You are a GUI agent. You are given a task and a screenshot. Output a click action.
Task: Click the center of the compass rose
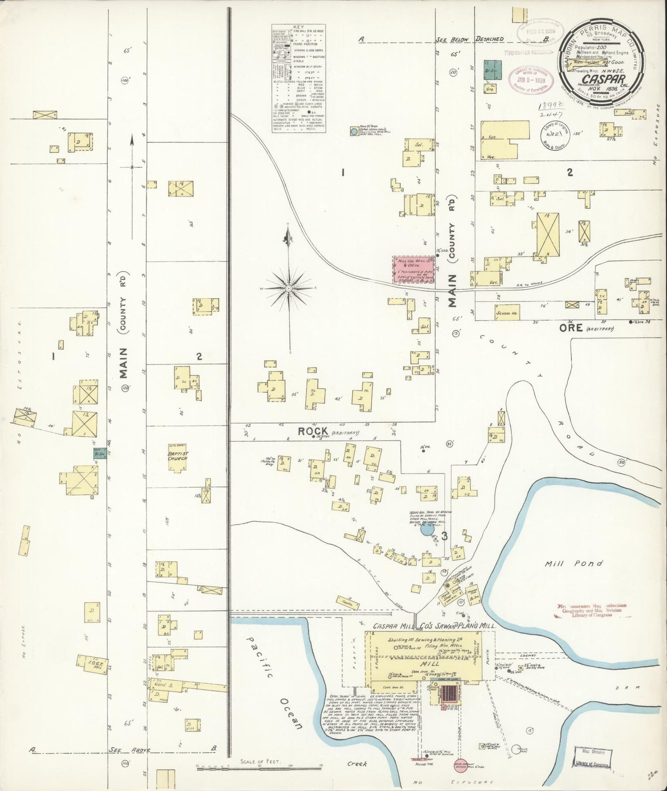point(288,288)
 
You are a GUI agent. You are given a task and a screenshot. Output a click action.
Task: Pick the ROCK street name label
point(313,431)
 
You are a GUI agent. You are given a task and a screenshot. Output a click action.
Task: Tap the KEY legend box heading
point(299,27)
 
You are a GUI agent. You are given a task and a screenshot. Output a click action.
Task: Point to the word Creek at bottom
point(357,764)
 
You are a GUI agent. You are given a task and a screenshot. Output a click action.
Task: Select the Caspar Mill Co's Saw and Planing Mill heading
point(434,626)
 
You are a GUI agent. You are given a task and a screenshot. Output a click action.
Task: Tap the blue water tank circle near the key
point(354,132)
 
